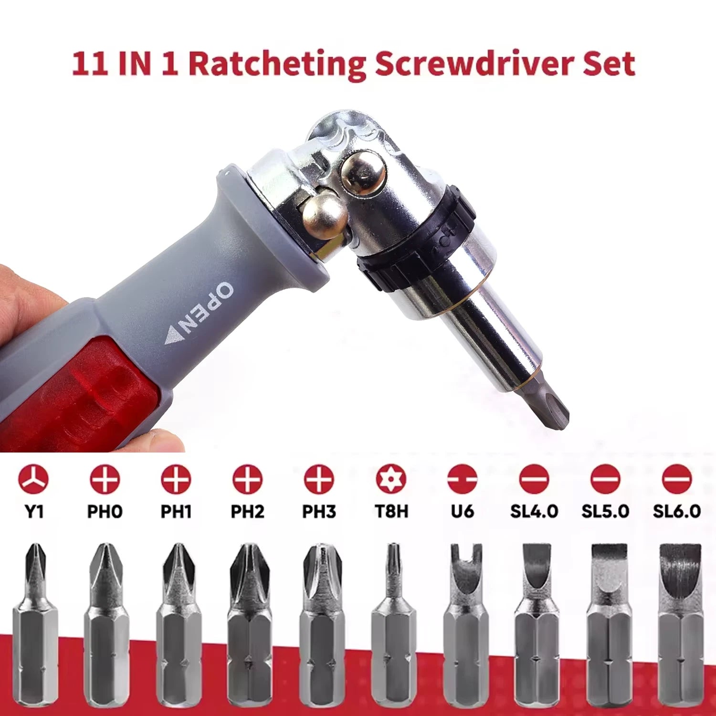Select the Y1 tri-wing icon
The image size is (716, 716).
coord(33,479)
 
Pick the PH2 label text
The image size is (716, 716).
coord(247,512)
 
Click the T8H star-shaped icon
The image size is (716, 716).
coord(391,479)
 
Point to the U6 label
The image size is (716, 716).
coord(462,512)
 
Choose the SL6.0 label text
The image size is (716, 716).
coord(676,512)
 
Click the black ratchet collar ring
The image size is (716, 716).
coord(415,239)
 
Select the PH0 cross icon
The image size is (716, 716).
coord(105,479)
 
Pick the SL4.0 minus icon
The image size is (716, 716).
coord(534,479)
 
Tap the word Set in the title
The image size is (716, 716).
coord(609,64)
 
